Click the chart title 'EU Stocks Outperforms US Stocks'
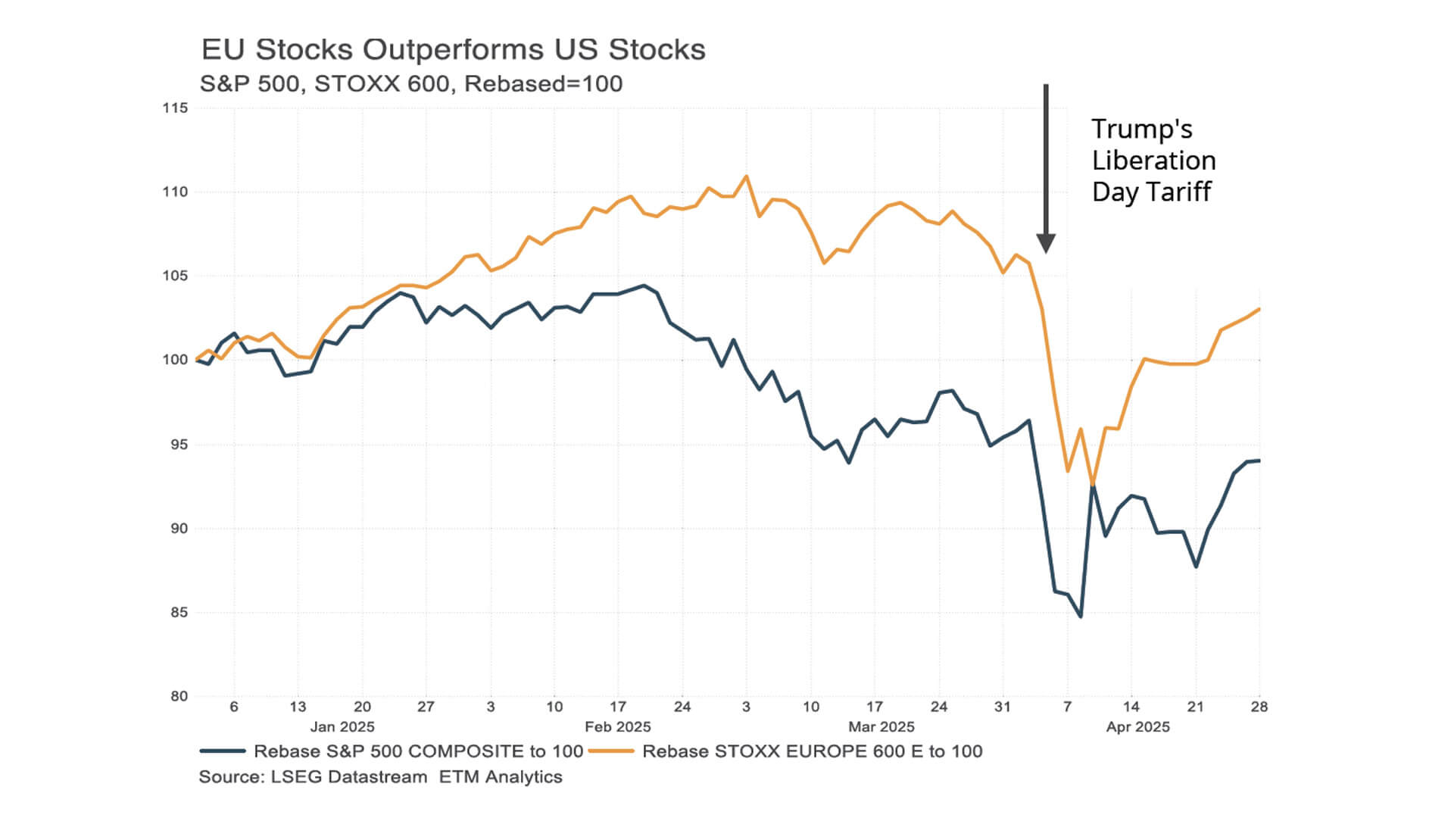[x=453, y=50]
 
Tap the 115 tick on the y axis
[x=175, y=108]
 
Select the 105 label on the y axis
[x=175, y=276]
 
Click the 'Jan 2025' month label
[x=342, y=727]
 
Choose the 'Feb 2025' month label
[x=618, y=727]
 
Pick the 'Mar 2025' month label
[x=881, y=727]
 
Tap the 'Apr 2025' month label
[x=1137, y=727]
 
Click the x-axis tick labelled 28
[x=1259, y=707]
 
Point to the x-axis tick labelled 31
[x=1003, y=707]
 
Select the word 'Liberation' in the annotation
[x=1153, y=161]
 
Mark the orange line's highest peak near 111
[x=746, y=176]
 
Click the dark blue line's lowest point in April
[x=1081, y=616]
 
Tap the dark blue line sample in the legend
[x=223, y=751]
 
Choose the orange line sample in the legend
[x=611, y=751]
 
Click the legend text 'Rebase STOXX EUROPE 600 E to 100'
[x=812, y=751]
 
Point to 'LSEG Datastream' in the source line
[x=349, y=777]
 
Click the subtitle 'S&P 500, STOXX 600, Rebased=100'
[x=411, y=84]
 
